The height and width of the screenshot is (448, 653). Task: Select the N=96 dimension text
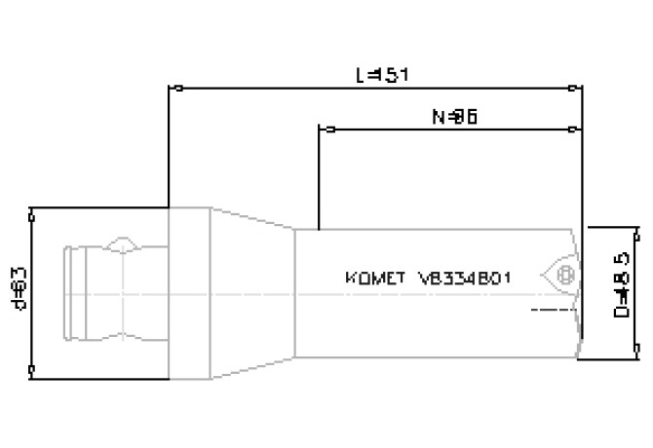[x=453, y=116]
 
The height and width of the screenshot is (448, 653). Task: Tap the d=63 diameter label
[x=17, y=289]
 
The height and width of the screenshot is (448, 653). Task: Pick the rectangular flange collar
[x=188, y=293]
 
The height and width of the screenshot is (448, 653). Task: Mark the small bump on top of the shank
[x=125, y=243]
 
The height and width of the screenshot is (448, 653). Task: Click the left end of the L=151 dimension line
[x=172, y=89]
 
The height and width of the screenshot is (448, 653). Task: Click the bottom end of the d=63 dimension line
[x=32, y=370]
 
